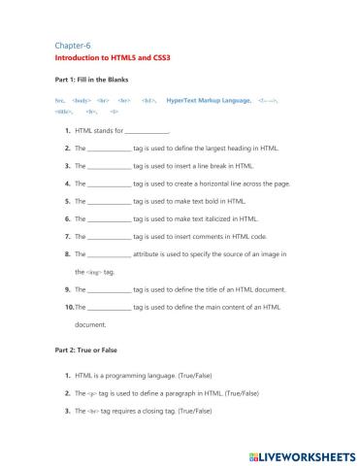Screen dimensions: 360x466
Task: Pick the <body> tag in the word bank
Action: pyautogui.click(x=82, y=100)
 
